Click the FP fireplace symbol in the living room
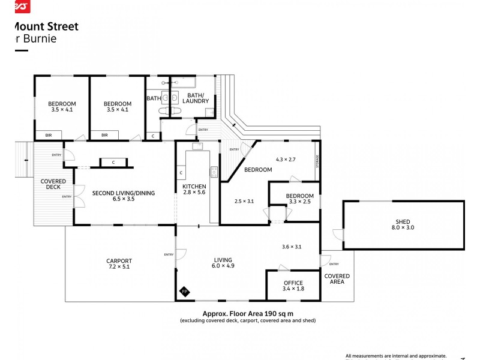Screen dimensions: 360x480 185,292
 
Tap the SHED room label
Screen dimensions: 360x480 403,222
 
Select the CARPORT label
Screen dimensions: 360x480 118,261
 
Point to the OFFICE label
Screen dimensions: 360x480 293,283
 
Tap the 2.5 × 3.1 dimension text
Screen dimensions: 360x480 244,201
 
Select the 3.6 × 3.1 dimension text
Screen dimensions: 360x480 291,247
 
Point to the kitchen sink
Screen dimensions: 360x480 196,146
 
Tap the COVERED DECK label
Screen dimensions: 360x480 53,184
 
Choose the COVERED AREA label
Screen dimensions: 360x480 337,279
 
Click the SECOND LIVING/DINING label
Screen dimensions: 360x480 123,193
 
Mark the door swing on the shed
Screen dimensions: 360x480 338,236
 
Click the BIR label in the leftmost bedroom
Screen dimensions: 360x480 49,136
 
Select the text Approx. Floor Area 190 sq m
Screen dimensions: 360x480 247,313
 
